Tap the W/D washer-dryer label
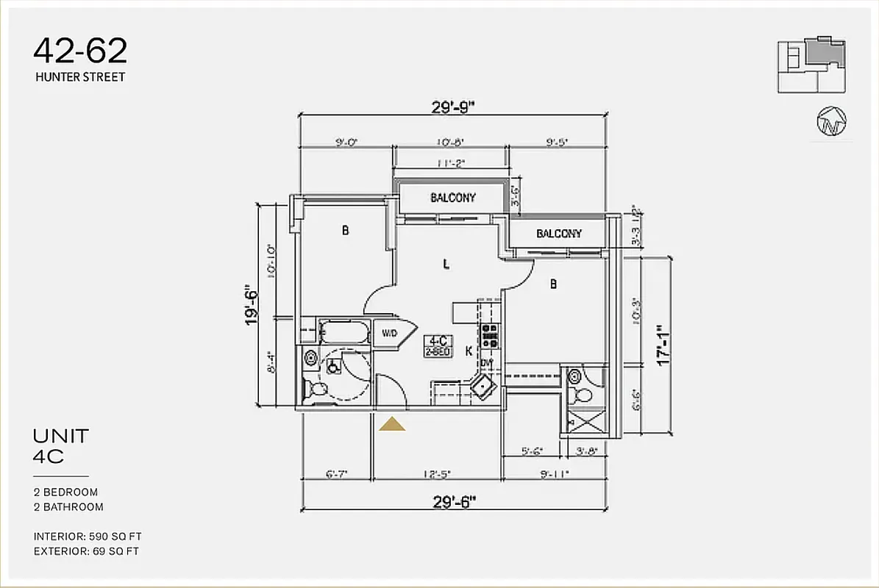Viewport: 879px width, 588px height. pos(388,334)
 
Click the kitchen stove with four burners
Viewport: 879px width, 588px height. pos(490,337)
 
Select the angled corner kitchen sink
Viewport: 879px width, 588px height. pos(483,384)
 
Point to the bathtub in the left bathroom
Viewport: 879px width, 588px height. pos(344,333)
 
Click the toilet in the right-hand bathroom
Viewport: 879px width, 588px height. pos(583,395)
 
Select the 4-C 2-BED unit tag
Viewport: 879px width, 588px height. pos(438,345)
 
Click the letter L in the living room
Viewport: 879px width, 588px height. pos(446,265)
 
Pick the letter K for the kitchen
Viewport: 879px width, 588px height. pos(469,351)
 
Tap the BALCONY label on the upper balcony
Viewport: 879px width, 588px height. pos(452,198)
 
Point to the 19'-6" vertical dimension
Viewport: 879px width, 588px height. pos(252,305)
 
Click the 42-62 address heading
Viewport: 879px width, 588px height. pos(80,51)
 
